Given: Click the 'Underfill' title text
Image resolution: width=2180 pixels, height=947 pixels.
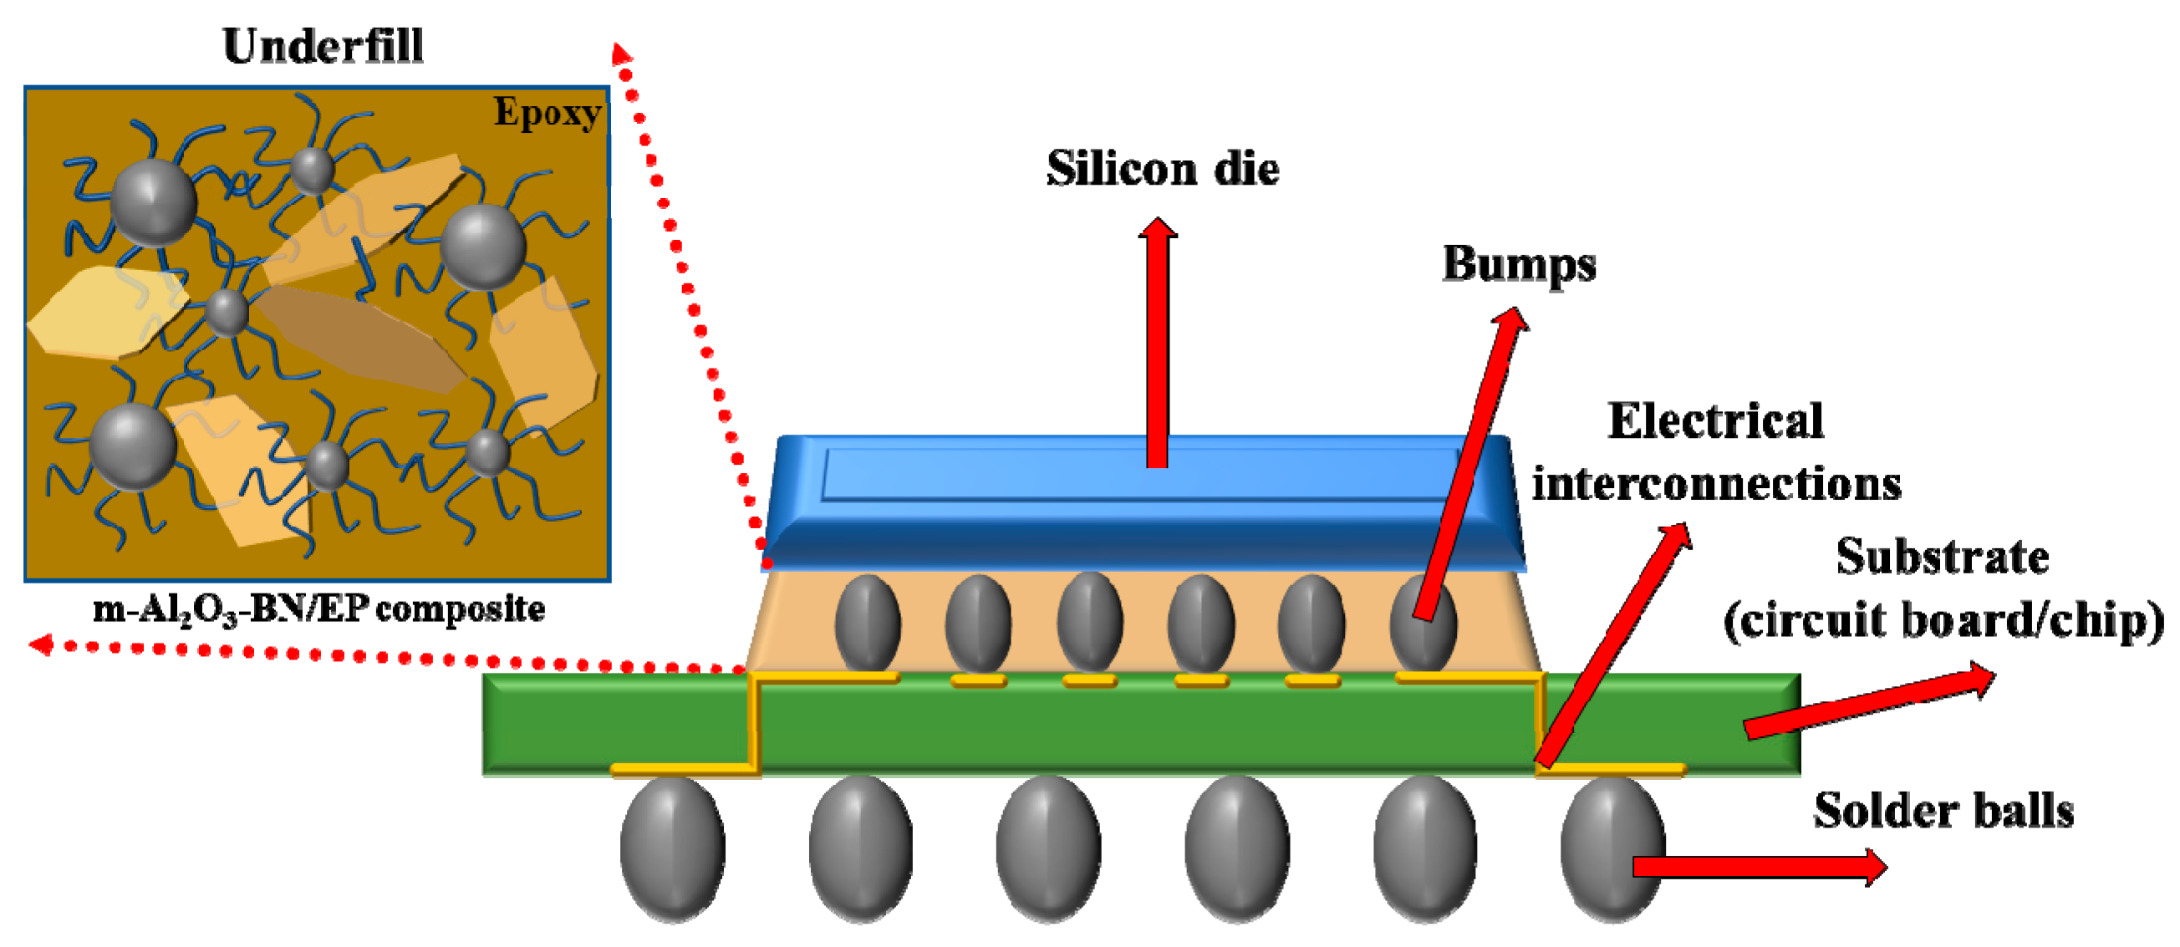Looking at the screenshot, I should tap(323, 47).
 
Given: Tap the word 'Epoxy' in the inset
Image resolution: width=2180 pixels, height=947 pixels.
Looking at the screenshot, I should tap(548, 113).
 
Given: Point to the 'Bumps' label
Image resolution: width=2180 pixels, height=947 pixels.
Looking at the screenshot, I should tap(1519, 264).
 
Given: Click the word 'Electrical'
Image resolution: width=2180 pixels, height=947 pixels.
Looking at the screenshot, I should tap(1715, 420).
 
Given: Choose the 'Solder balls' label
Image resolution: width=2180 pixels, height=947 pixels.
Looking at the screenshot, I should tap(1943, 810).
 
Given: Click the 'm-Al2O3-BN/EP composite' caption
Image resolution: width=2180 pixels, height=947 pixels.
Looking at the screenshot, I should tap(319, 609).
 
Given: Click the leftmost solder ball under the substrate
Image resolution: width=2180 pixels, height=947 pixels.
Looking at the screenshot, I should tap(673, 849).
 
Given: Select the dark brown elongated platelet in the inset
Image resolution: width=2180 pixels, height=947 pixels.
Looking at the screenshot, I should tap(359, 339).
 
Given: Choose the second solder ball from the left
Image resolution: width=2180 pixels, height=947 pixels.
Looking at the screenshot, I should tap(861, 849).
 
